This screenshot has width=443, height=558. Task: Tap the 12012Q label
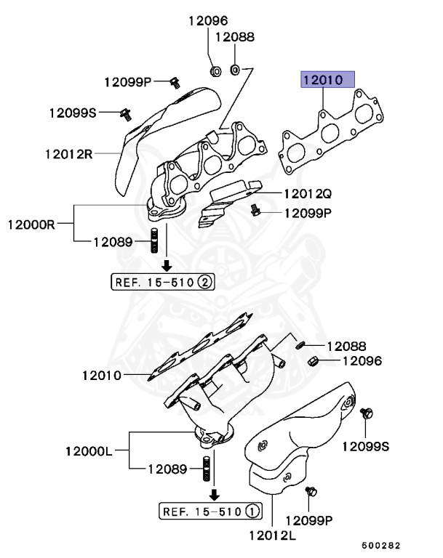(307, 194)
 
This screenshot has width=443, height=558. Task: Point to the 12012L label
(271, 537)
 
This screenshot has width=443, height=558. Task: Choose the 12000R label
(32, 224)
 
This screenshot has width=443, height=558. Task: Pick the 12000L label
(89, 451)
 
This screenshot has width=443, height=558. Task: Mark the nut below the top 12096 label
(215, 70)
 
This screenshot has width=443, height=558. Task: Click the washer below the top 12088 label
(236, 70)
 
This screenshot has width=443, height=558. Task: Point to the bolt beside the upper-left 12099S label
(126, 113)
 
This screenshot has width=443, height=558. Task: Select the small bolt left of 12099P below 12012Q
(255, 211)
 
